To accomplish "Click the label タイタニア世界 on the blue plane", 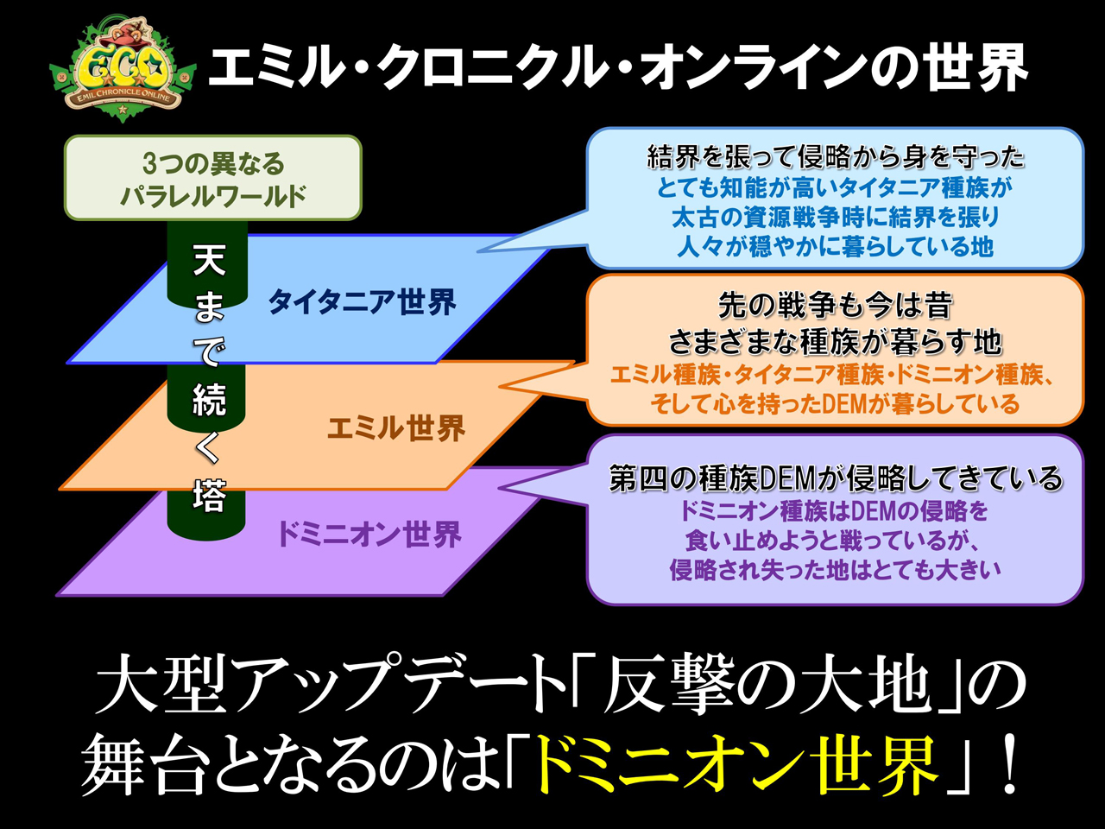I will [362, 302].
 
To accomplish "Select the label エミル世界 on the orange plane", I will [396, 427].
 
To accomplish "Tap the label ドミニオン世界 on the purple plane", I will [369, 535].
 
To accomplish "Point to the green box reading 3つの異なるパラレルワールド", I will [212, 179].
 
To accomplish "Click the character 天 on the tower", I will [208, 259].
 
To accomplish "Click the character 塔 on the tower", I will [208, 497].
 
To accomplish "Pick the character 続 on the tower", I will [208, 400].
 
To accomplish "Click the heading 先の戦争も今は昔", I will [835, 306].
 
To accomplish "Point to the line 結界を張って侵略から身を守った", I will [835, 156].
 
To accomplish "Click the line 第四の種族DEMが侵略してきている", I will [835, 478].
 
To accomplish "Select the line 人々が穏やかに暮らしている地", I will [835, 247].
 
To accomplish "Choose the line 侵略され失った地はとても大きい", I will [835, 570].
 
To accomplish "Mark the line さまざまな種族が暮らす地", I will [835, 342].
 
